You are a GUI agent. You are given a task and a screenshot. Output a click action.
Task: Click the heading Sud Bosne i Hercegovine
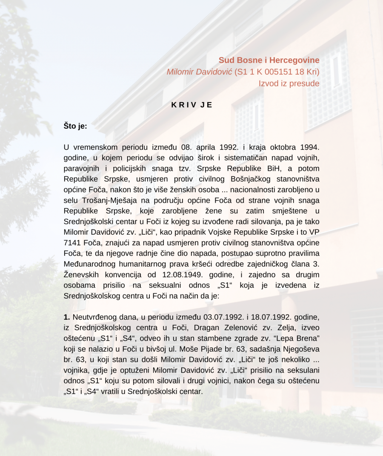tap(269, 60)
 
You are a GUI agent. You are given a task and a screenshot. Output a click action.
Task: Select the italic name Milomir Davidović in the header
tap(200, 72)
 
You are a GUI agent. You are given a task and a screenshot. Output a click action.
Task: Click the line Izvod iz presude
tap(289, 83)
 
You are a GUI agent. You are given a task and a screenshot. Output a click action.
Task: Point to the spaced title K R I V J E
tap(191, 105)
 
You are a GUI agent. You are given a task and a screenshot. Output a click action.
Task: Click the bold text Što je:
tap(75, 126)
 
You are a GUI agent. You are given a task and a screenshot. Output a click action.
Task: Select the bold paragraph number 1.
tap(67, 317)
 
